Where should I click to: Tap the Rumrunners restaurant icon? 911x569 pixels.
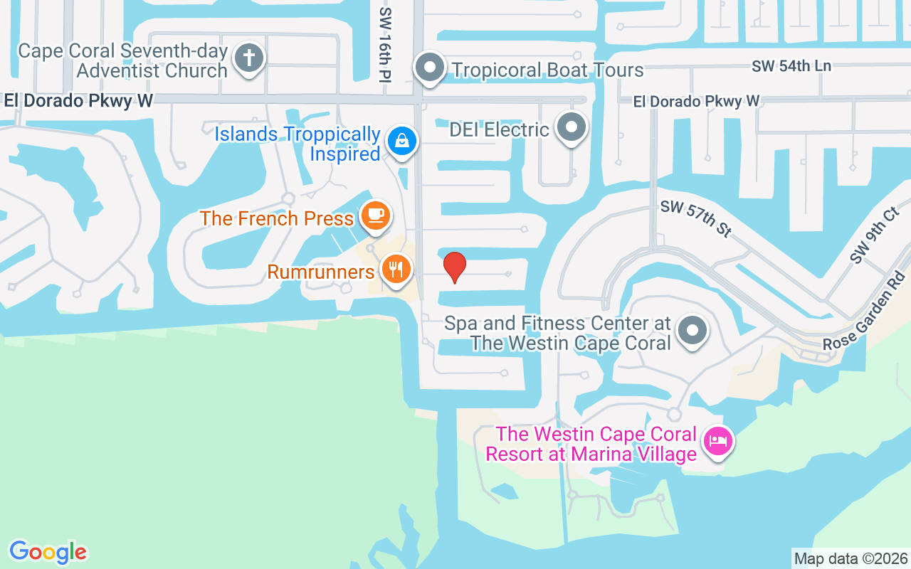[396, 270]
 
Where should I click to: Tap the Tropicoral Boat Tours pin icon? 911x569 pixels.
[430, 68]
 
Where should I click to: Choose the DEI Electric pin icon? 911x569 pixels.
[571, 128]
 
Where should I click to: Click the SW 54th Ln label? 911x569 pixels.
[791, 66]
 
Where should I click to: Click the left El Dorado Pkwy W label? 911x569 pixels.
[78, 101]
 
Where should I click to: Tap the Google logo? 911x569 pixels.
[48, 552]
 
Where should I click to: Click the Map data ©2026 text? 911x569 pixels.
[851, 558]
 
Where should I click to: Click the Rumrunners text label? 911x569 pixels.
[321, 272]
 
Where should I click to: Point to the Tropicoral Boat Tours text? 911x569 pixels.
[547, 70]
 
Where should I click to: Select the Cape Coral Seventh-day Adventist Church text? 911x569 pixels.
[122, 61]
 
